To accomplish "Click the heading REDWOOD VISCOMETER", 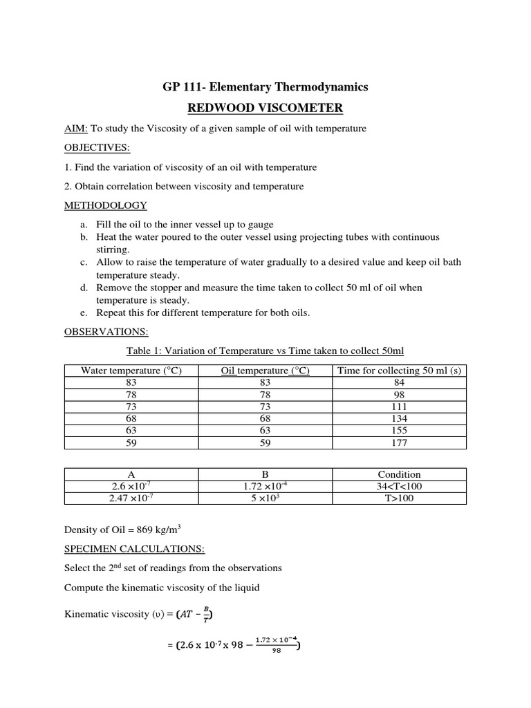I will point(265,108).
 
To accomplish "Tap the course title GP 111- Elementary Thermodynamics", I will point(265,86).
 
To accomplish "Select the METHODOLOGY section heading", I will point(105,205).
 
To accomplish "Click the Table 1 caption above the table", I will point(265,351).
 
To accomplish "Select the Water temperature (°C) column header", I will point(131,371).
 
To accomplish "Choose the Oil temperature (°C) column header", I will point(265,371).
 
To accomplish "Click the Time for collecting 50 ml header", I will point(399,371).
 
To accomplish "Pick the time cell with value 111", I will point(399,407).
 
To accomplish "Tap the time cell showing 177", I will point(399,443).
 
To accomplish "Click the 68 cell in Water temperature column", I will point(131,418).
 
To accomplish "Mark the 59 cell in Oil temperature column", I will point(265,443).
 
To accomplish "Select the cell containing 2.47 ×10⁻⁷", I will point(131,498).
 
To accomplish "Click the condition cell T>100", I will point(399,498).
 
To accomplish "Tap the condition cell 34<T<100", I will point(399,486).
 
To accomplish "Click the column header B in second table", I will point(265,474).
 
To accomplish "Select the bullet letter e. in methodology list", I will point(84,313).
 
